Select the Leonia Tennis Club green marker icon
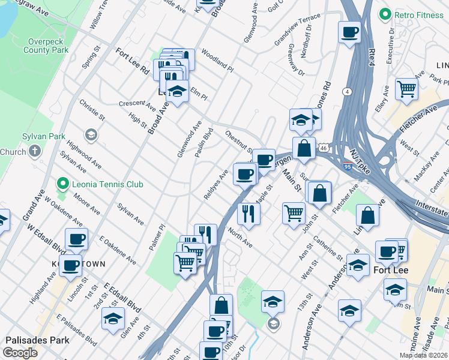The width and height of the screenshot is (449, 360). (62, 184)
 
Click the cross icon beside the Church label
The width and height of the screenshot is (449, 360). (35, 152)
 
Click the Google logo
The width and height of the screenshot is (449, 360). (20, 353)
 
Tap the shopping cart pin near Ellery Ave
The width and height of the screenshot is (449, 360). (407, 88)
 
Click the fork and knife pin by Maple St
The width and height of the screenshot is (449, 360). (248, 212)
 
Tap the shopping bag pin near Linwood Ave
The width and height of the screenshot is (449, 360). (367, 214)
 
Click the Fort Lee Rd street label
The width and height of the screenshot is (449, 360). (132, 61)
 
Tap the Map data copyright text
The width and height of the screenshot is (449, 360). (423, 355)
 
